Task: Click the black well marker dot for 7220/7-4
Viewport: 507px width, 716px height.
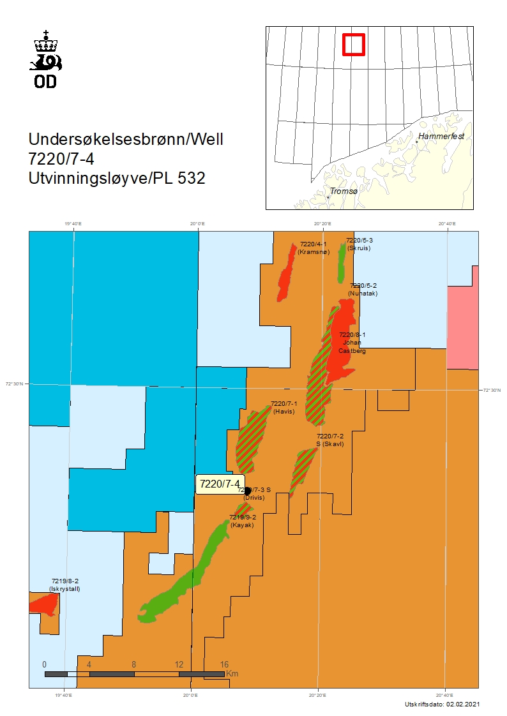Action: coord(248,491)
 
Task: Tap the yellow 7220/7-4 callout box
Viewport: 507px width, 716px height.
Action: coord(219,484)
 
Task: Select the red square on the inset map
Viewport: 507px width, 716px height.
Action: coord(353,44)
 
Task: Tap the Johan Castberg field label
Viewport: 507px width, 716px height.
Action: coord(352,343)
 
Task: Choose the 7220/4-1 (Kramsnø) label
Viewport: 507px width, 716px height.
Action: coord(313,248)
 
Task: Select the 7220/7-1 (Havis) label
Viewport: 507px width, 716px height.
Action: coord(284,408)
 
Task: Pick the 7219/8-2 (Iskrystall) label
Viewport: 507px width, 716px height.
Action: coord(65,585)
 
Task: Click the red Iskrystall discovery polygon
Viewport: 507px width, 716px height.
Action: coord(44,603)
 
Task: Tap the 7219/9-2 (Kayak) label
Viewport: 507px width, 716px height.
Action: coord(242,521)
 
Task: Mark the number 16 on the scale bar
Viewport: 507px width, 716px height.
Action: coord(224,664)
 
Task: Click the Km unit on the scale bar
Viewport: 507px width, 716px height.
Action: coord(232,673)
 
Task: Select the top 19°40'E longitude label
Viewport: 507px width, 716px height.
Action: coord(73,223)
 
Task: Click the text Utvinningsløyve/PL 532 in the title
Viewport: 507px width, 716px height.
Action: coord(117,179)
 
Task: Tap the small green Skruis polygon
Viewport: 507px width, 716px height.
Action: coord(342,262)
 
